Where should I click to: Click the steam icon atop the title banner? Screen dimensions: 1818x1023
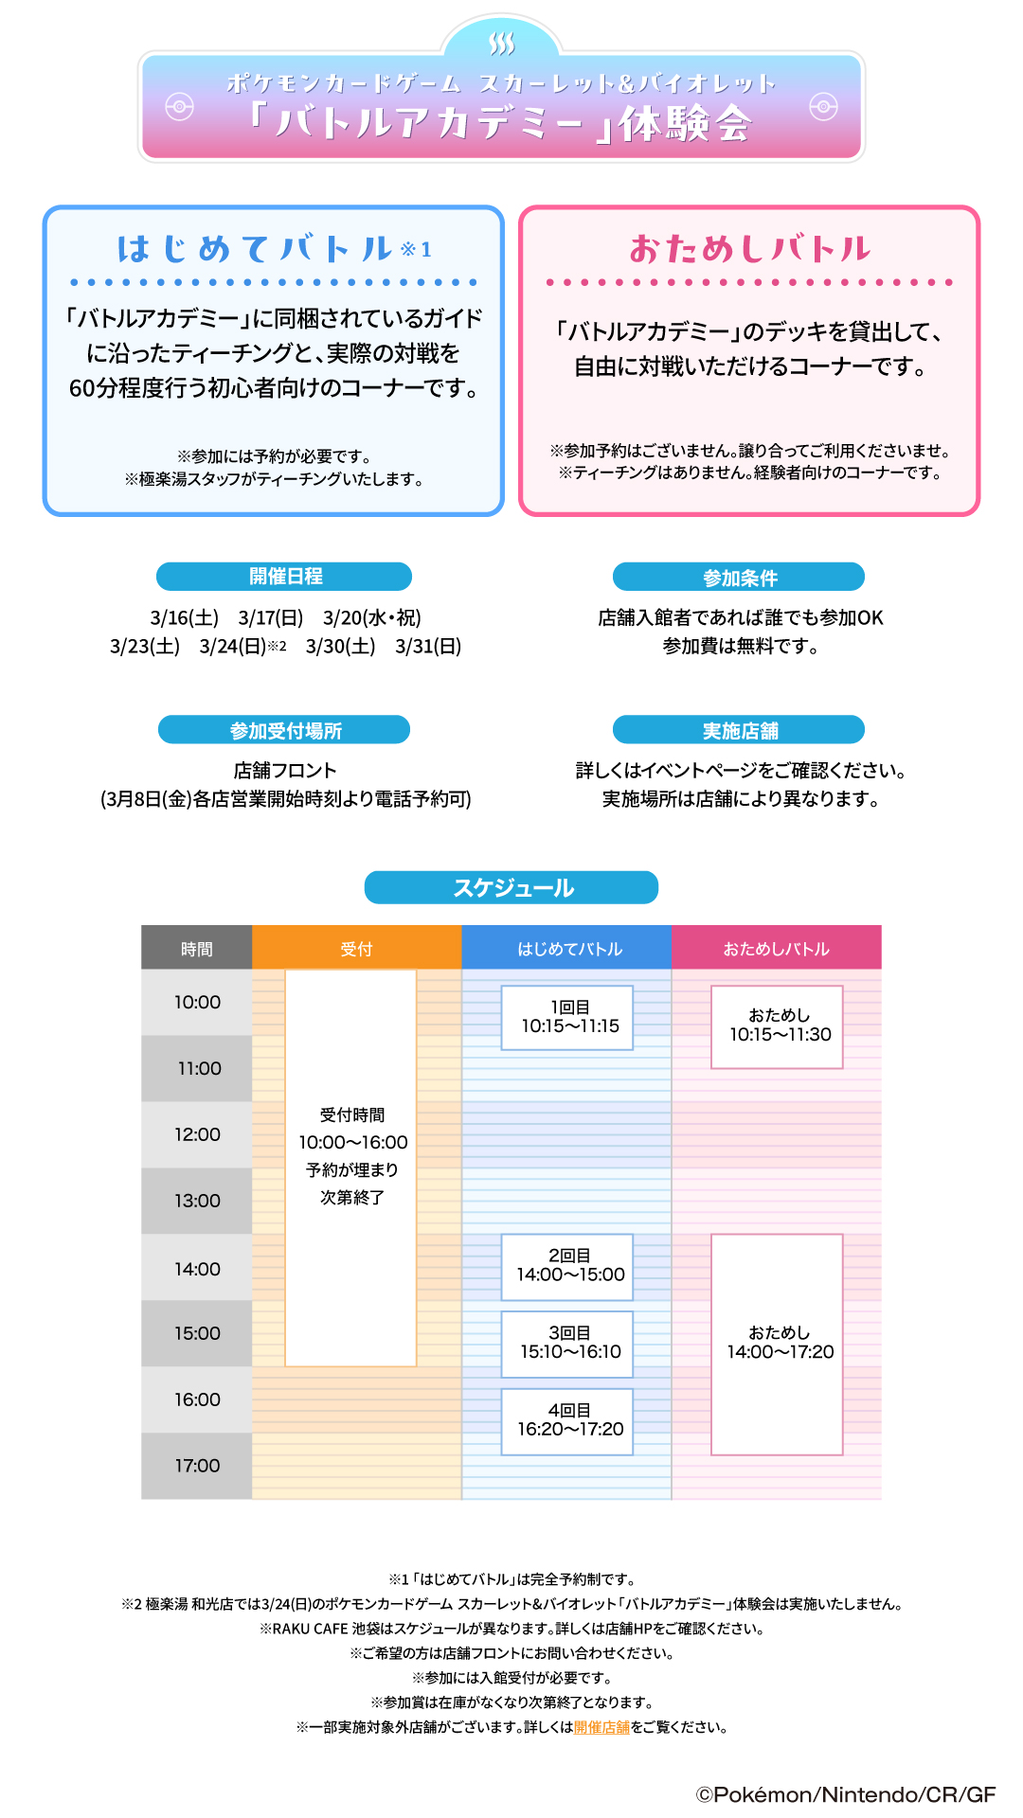coord(502,44)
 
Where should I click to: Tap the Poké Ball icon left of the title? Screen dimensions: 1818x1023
coord(179,107)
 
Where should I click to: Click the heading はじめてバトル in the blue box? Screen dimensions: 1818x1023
coord(255,249)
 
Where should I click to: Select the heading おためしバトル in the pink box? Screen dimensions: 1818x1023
coord(749,249)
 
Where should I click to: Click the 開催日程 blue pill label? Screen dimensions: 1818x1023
coord(284,577)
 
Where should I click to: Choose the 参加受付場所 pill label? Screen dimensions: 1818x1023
coord(284,730)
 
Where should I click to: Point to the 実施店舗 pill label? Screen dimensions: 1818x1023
coord(739,730)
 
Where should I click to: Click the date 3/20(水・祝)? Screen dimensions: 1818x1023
coord(371,618)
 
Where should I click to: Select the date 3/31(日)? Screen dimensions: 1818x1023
coord(428,647)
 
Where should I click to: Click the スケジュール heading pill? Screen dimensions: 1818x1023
coord(511,888)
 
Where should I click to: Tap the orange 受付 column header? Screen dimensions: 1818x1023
coord(356,949)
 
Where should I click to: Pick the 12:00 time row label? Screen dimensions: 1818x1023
coord(197,1134)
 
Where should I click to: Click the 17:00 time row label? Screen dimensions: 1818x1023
coord(197,1466)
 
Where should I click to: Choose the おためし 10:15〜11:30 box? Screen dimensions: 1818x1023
coord(778,1026)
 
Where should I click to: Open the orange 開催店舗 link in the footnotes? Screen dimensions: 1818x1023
coord(601,1727)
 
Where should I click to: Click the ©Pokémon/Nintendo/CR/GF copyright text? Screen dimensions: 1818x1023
coord(845,1794)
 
